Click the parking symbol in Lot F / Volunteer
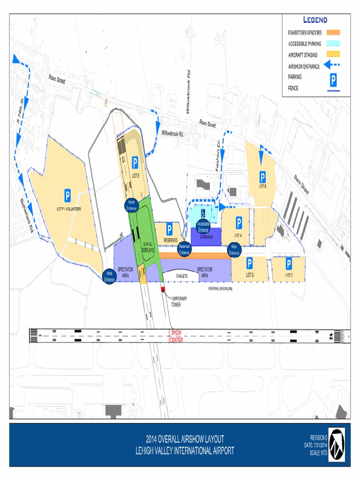67,195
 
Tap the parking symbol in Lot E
135,163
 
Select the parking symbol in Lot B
262,177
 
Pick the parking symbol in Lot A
239,223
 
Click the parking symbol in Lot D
250,263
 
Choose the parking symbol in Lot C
289,263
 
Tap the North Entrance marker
132,205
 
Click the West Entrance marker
110,277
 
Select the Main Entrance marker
234,250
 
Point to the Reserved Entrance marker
184,249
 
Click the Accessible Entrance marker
203,226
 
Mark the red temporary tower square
163,289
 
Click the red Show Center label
176,336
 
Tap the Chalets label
182,276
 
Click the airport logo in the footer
336,444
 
